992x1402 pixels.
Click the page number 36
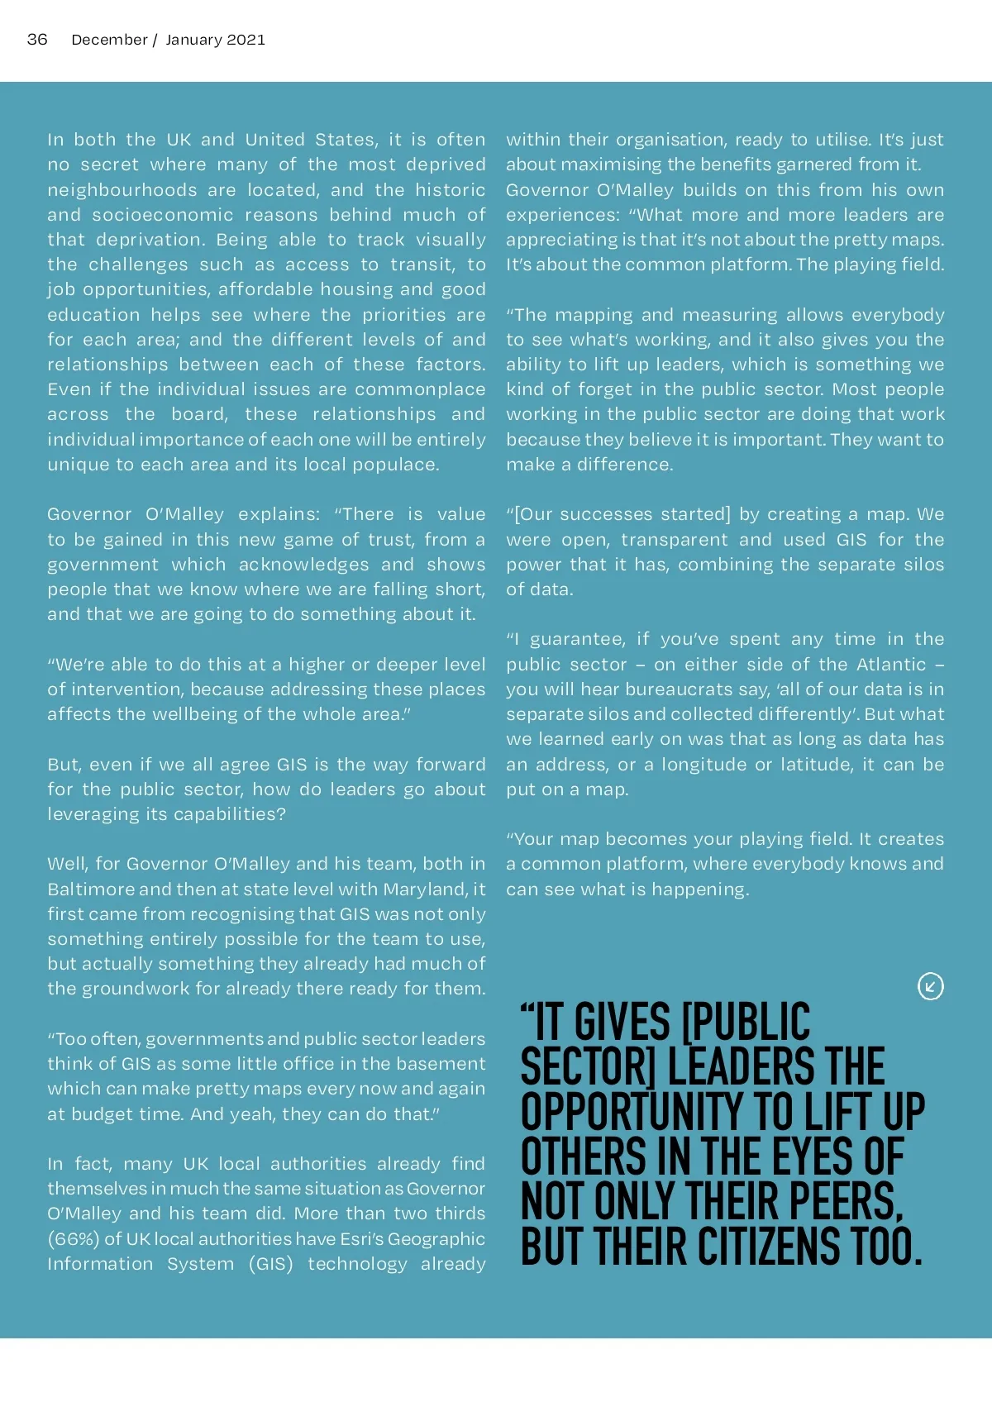(37, 40)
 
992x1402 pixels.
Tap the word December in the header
(109, 40)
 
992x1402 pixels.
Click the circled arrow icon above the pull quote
(930, 986)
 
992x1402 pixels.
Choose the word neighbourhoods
(122, 190)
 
